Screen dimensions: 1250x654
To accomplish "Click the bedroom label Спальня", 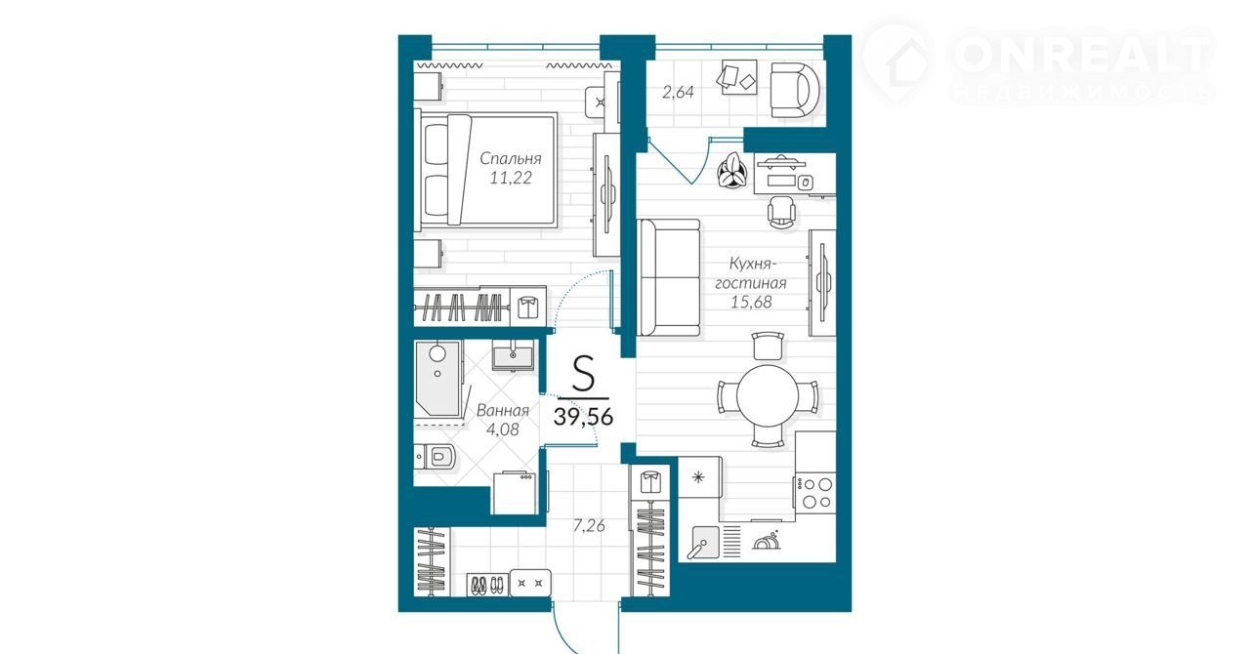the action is pyautogui.click(x=511, y=159).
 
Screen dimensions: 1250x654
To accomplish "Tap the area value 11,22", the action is pyautogui.click(x=511, y=178).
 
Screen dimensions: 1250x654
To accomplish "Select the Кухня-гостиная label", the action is pyautogui.click(x=751, y=273).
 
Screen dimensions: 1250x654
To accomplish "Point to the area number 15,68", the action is pyautogui.click(x=751, y=302).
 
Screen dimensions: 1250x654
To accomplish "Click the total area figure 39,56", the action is pyautogui.click(x=583, y=416).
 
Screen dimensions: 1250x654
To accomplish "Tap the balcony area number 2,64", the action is pyautogui.click(x=678, y=92).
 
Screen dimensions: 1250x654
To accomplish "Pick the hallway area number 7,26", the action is pyautogui.click(x=589, y=526).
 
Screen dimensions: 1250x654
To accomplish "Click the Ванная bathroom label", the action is pyautogui.click(x=503, y=411).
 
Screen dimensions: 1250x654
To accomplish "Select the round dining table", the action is pyautogui.click(x=768, y=395).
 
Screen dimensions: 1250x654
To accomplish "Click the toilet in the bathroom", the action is pyautogui.click(x=436, y=458).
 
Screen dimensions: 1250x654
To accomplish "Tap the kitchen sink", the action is pyautogui.click(x=705, y=542).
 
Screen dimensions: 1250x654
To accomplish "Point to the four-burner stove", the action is pyautogui.click(x=814, y=494).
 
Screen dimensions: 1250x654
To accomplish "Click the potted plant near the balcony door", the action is pyautogui.click(x=731, y=171).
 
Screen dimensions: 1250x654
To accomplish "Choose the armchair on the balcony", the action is pyautogui.click(x=796, y=90).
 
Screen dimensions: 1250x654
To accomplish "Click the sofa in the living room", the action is pyautogui.click(x=669, y=277).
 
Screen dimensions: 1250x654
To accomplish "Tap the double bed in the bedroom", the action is pyautogui.click(x=486, y=169).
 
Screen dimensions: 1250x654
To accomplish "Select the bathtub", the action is pyautogui.click(x=438, y=380).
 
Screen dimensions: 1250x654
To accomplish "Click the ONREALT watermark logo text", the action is pyautogui.click(x=1083, y=56).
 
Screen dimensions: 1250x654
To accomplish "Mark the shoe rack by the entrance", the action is pyautogui.click(x=487, y=584).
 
